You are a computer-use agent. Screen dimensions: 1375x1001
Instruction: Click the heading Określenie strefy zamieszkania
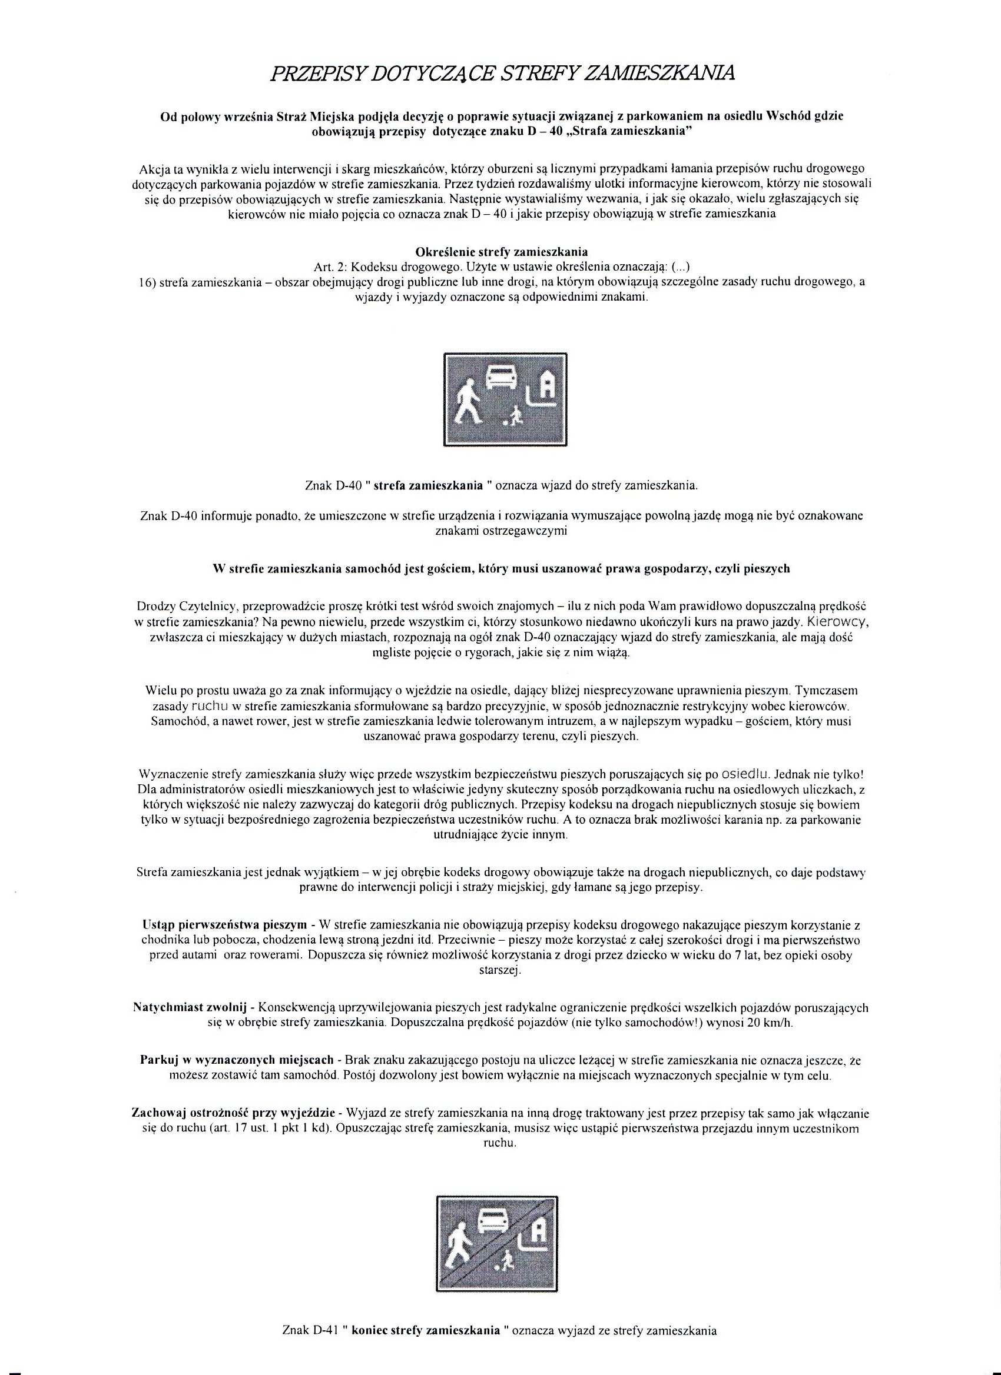coord(501,251)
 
